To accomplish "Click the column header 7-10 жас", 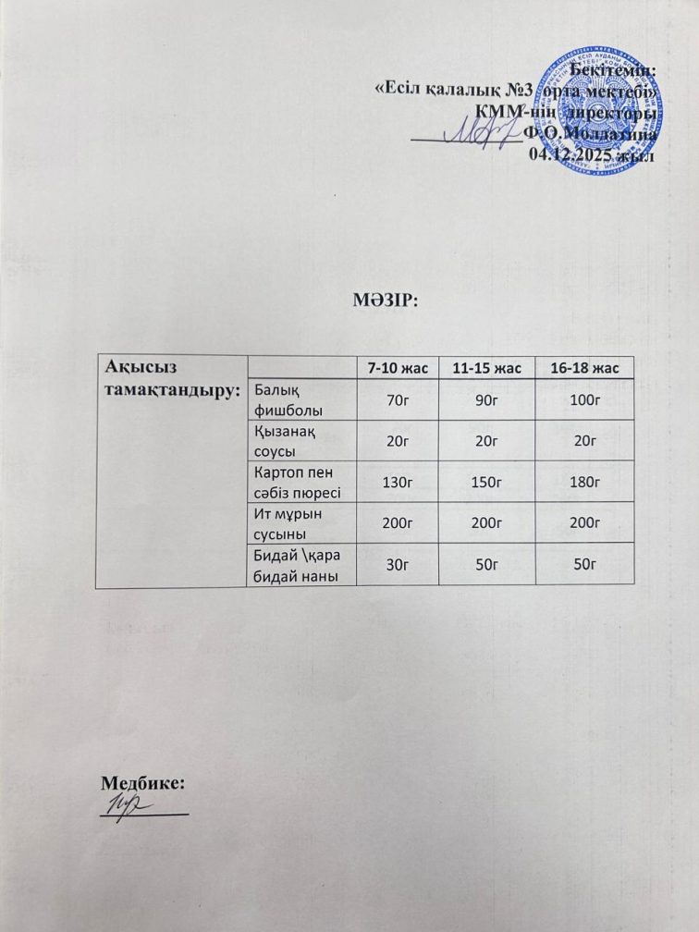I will click(398, 369).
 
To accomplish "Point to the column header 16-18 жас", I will click(583, 369).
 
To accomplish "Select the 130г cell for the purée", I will click(398, 482).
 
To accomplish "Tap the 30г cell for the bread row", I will click(398, 563).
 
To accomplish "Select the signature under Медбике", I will click(120, 803).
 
